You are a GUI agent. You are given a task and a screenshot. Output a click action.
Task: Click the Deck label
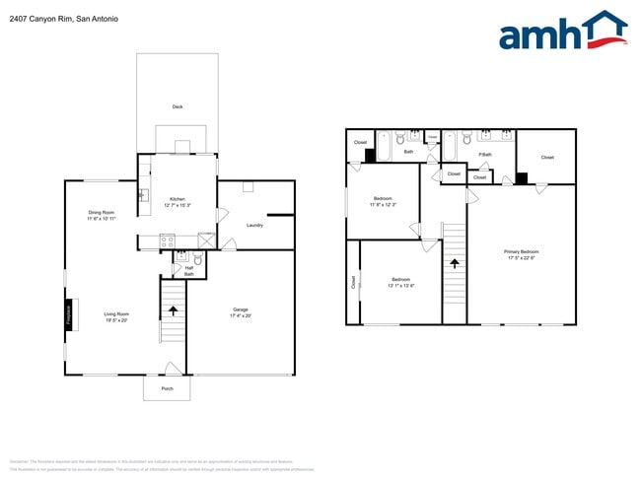coord(178,106)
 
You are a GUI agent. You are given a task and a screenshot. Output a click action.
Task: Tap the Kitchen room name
coord(178,198)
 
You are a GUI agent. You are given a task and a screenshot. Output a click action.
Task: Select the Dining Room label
coord(102,213)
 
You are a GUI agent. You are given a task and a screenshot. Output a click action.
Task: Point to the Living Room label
coord(116,314)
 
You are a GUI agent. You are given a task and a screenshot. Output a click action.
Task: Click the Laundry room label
coord(254,225)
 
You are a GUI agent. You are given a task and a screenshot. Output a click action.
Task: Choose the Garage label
coord(241,309)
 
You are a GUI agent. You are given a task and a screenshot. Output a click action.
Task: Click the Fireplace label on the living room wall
coord(69,314)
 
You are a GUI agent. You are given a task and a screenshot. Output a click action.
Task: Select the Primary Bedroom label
coord(521,252)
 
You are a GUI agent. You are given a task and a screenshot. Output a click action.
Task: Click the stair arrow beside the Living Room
coord(174,310)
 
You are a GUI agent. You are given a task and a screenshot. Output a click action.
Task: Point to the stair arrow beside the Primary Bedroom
coord(454,263)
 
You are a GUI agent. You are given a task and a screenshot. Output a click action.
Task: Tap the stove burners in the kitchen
coord(167,240)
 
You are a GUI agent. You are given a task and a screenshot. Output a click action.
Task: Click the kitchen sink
coord(144,194)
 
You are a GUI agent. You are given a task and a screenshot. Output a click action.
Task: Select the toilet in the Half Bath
coord(198,260)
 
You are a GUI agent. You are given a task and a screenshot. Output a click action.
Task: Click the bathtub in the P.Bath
coord(450,147)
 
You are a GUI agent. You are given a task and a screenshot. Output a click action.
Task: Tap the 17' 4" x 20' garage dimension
coord(241,315)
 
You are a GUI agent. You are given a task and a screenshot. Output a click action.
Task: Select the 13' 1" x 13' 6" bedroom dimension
coord(400,286)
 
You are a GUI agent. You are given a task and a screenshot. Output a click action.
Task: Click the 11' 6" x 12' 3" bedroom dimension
coord(383,205)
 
